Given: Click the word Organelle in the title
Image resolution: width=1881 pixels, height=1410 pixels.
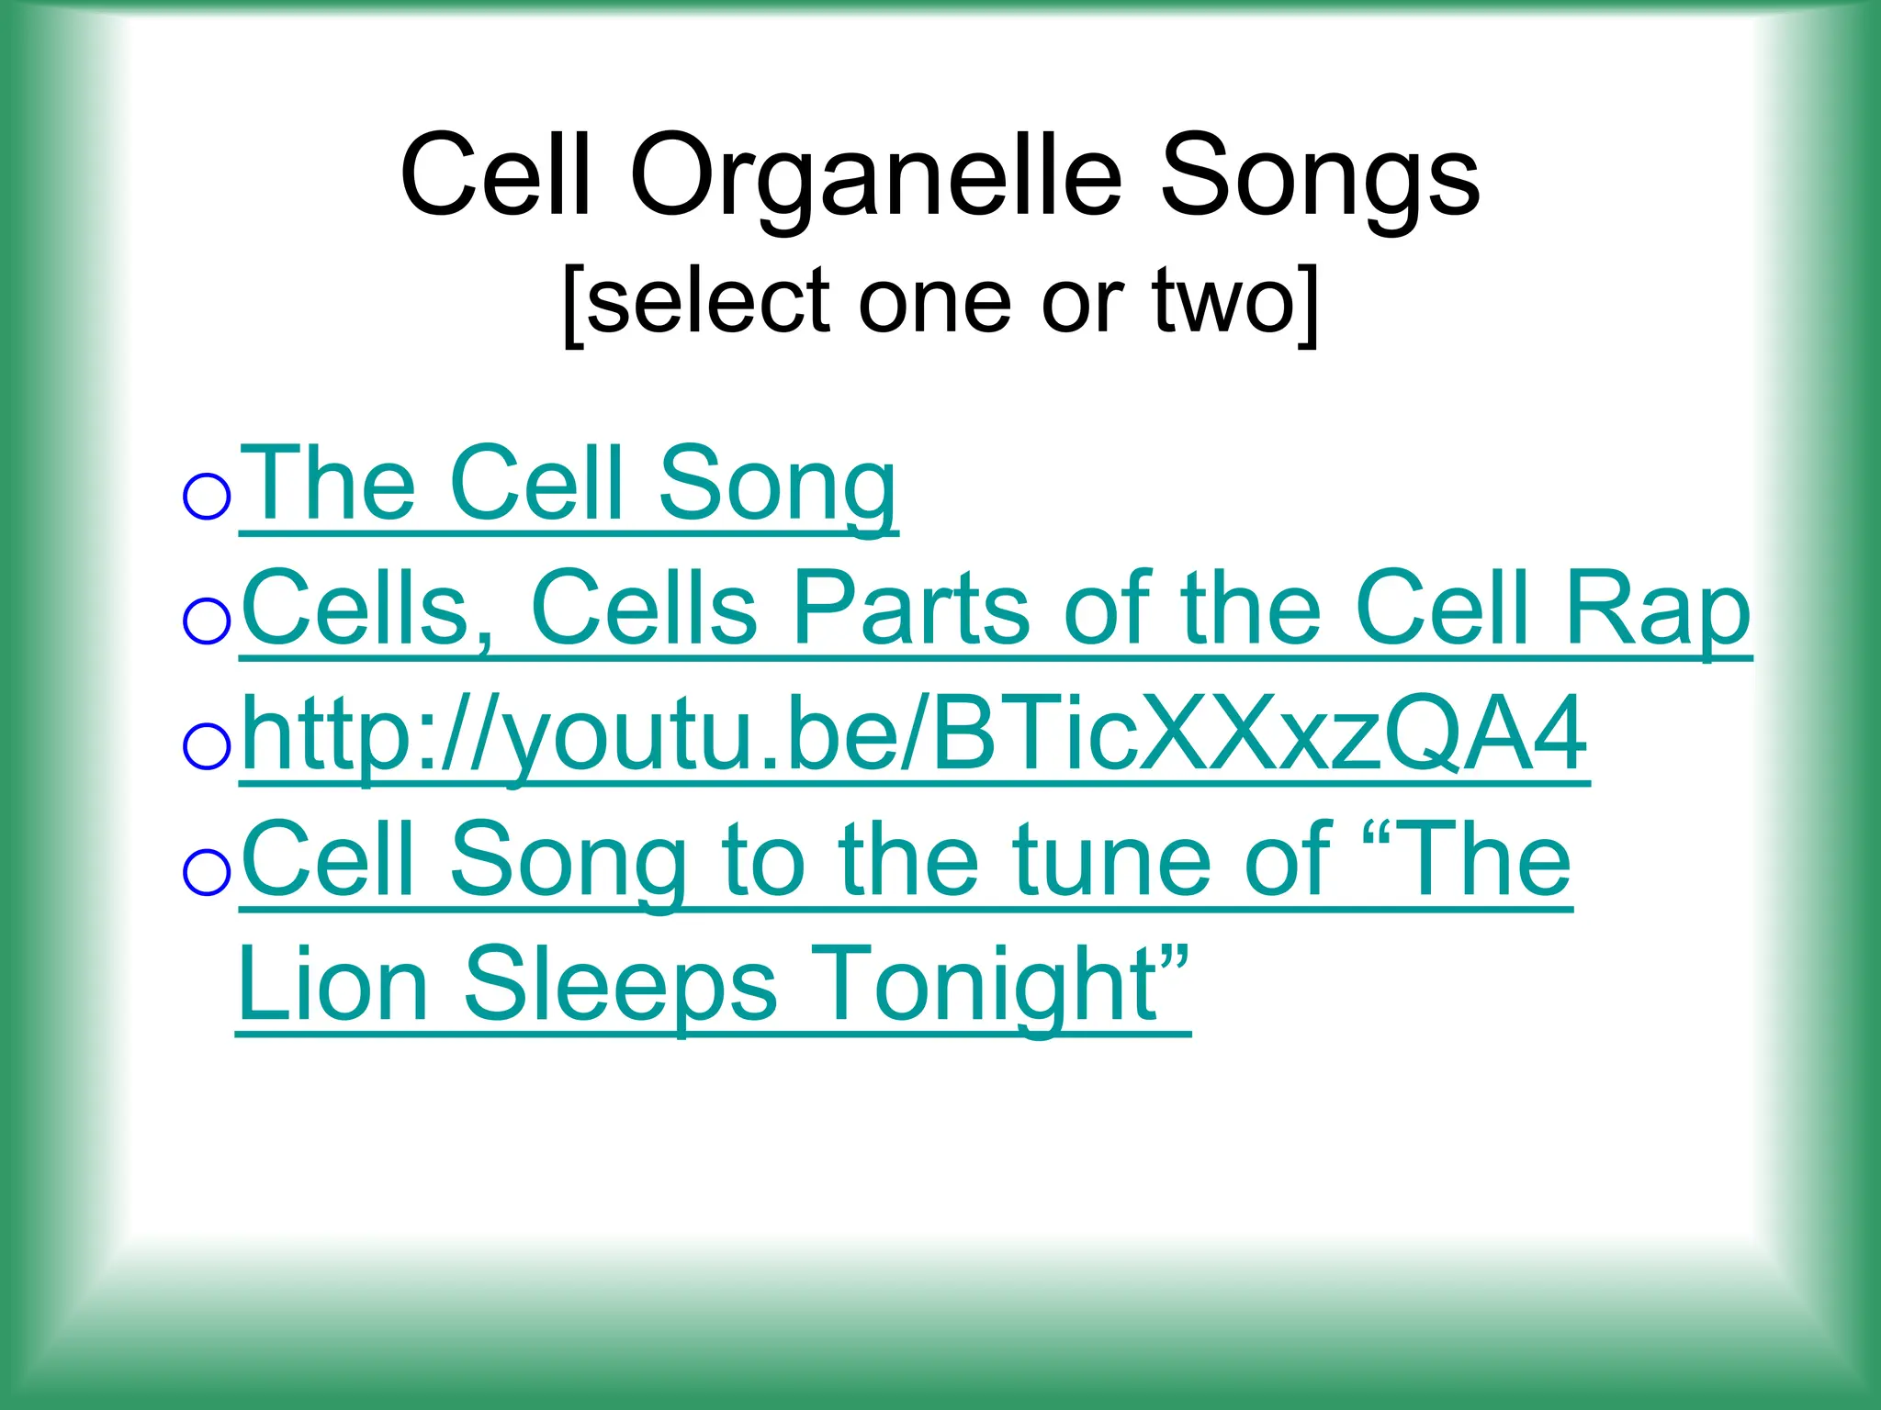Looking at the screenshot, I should tap(875, 176).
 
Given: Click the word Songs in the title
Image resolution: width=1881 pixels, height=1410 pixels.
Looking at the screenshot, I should tap(1320, 176).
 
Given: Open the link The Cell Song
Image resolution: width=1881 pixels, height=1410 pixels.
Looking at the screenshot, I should tap(569, 484).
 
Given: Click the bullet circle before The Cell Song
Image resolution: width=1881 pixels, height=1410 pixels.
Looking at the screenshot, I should tap(207, 497).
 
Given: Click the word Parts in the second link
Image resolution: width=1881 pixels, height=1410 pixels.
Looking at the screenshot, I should tap(911, 609).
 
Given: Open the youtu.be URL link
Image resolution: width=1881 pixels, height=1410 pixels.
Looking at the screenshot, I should tap(914, 734).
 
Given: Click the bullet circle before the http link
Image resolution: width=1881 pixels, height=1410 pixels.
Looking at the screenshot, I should tap(207, 745).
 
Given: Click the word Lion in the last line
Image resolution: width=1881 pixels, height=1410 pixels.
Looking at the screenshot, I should tap(333, 984).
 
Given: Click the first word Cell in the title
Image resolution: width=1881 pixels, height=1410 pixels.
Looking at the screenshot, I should tap(495, 176).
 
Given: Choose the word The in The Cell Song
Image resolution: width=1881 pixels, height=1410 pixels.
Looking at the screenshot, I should tap(332, 484).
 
